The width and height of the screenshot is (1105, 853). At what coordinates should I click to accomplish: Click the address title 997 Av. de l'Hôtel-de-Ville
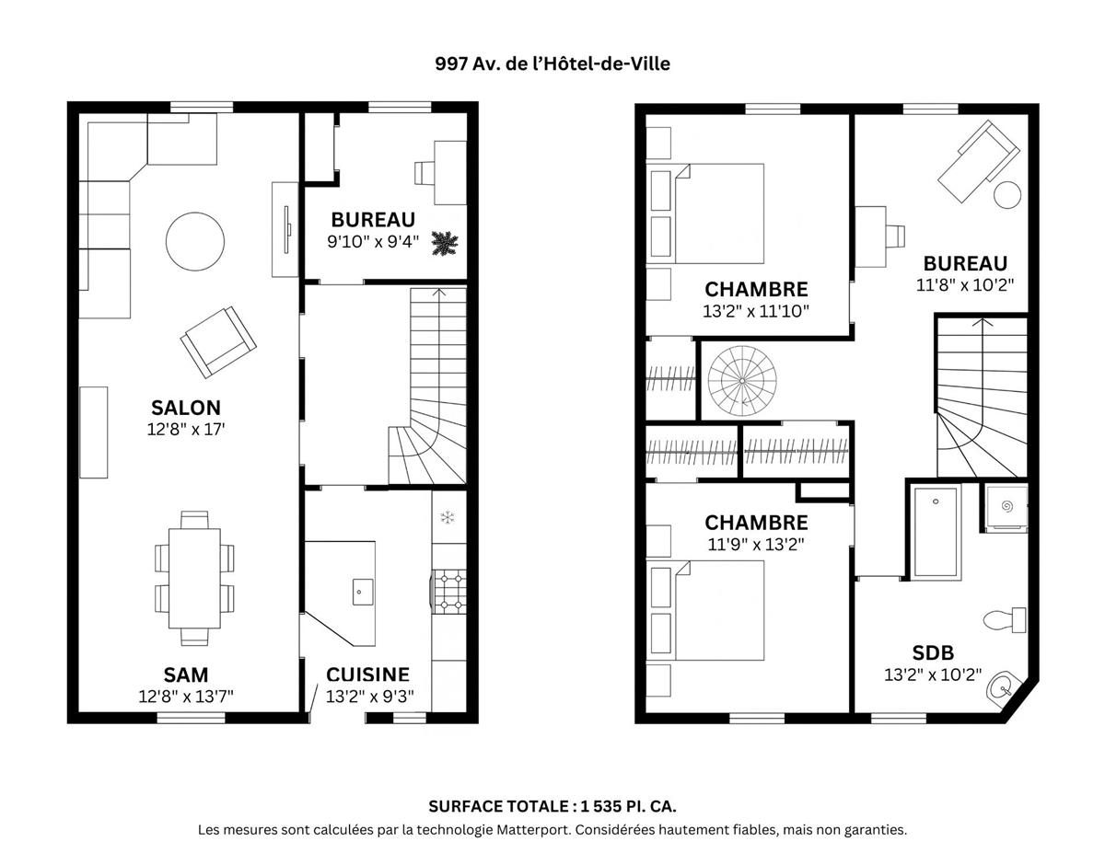pos(552,63)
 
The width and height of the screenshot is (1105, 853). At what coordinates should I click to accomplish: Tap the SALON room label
pos(186,408)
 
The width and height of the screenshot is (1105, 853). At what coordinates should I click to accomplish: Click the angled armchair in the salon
pos(217,340)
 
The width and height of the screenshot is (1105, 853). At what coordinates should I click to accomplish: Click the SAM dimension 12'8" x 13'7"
pos(186,697)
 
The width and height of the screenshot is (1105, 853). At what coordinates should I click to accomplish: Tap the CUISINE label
pos(367,674)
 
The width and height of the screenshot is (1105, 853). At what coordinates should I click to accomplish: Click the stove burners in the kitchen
pos(448,591)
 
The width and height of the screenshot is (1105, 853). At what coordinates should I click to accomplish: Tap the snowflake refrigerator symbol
pos(448,517)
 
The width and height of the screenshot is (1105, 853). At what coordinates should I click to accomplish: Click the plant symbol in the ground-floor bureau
pos(446,245)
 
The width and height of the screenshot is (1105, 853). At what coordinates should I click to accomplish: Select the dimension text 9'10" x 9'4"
pos(373,242)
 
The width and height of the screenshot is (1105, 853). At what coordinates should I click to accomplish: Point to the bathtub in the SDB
pos(936,531)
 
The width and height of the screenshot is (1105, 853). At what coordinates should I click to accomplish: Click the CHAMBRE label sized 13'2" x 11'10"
pos(756,289)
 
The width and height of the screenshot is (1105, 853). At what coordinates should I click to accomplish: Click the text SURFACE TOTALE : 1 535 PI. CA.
pos(552,806)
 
